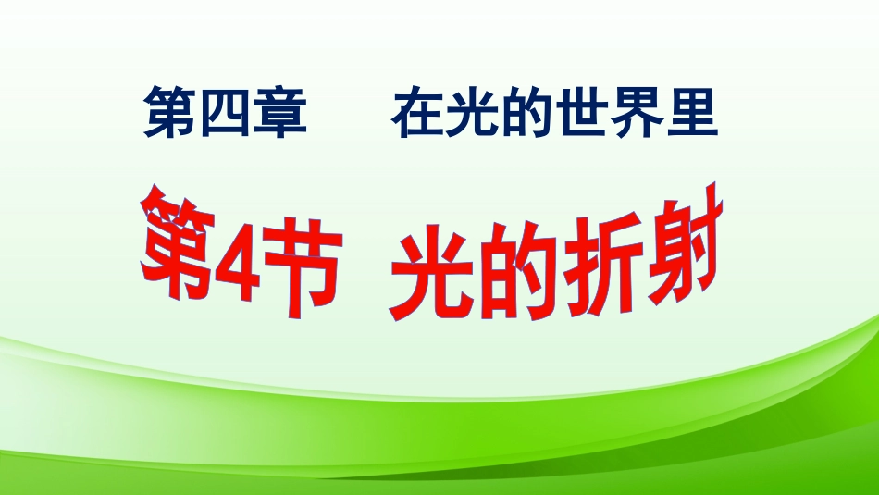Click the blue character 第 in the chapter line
tap(169, 114)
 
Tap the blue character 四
tap(223, 114)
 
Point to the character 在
tap(415, 114)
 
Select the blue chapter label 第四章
tap(224, 114)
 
